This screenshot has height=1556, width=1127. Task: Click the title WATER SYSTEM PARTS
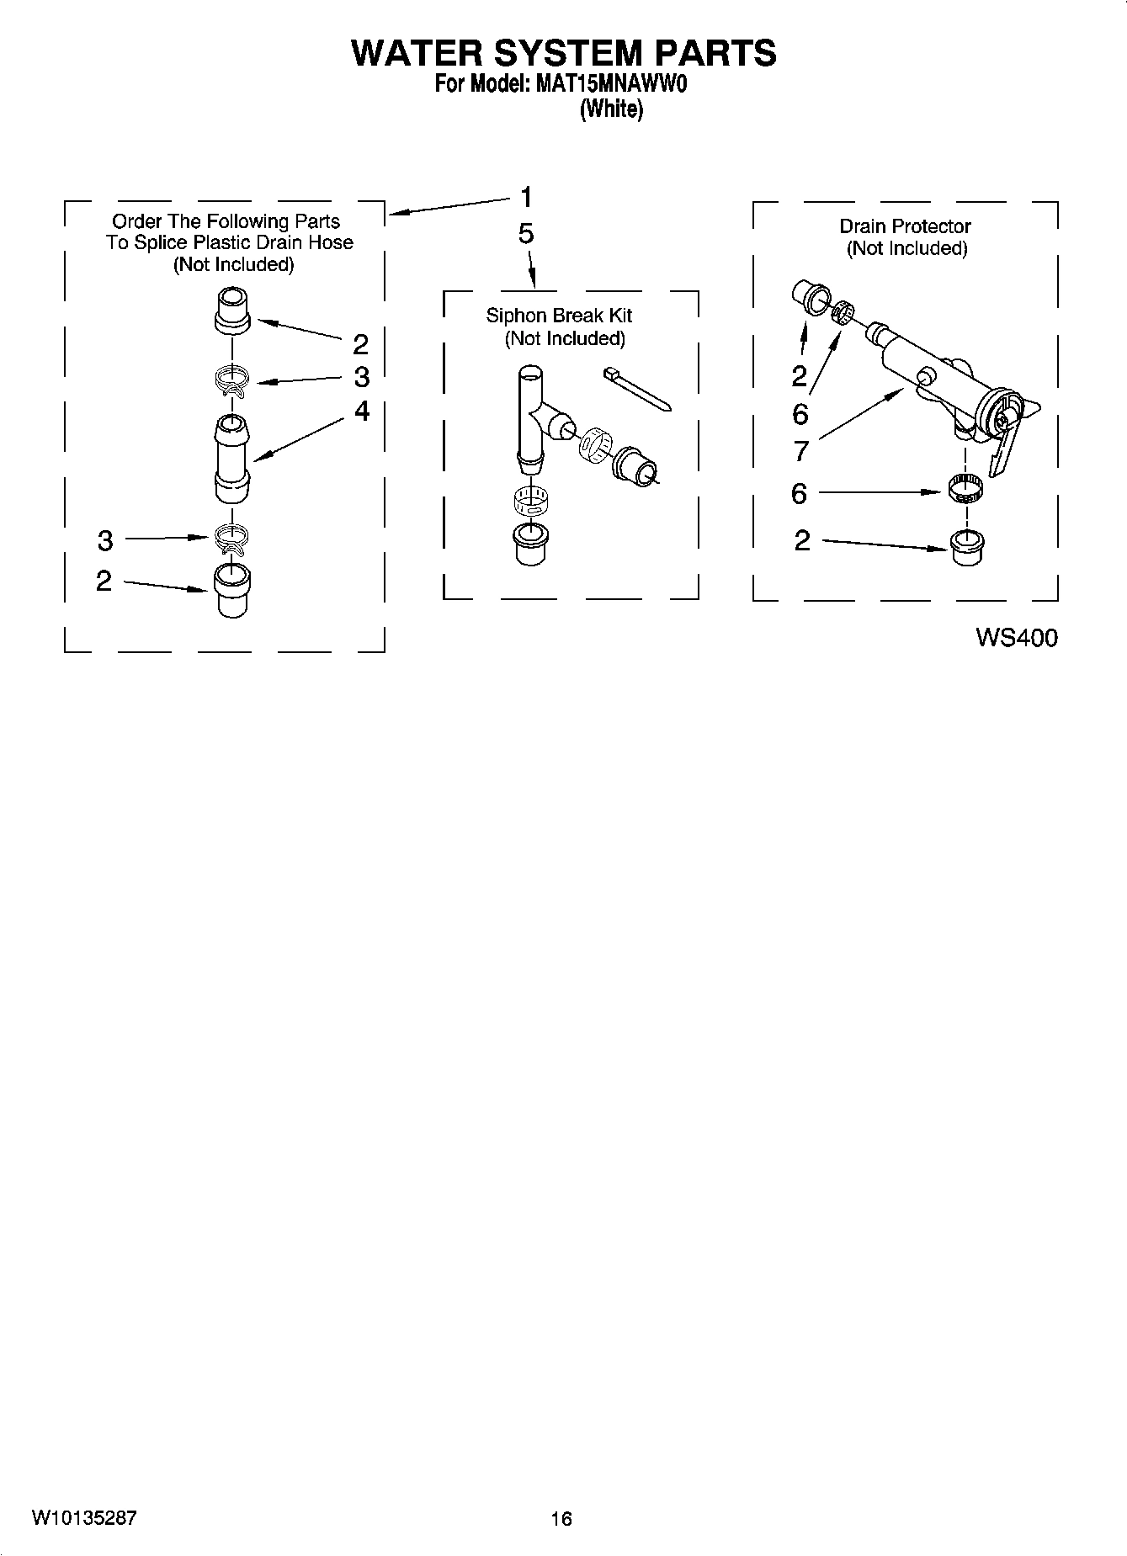point(563,52)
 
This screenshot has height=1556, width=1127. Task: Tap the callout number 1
point(526,198)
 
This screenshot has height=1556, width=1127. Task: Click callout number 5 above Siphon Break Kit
point(526,234)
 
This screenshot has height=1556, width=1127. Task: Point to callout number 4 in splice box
point(362,411)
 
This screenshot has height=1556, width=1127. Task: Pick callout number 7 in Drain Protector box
point(801,452)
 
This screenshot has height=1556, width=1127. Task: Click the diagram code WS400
point(1016,638)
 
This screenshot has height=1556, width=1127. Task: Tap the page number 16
point(561,1518)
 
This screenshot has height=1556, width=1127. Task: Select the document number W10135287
point(84,1517)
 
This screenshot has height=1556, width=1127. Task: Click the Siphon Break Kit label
point(559,316)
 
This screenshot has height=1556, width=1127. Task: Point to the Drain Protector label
point(905,226)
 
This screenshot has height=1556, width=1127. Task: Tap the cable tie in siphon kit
point(637,389)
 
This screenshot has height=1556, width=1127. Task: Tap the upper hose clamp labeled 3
point(232,380)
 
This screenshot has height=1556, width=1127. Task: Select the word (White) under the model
point(611,109)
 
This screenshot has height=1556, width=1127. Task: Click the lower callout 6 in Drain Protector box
point(800,493)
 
